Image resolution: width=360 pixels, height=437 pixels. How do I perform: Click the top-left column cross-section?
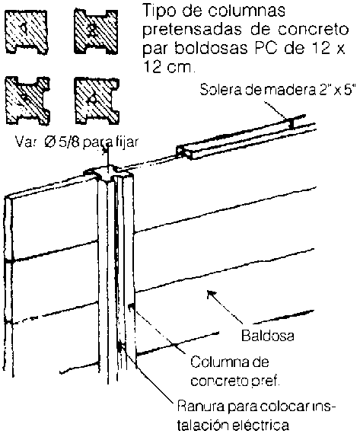[27, 31]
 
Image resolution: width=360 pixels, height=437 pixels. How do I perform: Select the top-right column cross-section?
[96, 31]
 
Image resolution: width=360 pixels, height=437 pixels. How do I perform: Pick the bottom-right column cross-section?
[97, 100]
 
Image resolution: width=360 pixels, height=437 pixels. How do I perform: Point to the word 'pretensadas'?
[193, 30]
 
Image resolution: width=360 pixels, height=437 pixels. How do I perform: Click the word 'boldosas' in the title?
[212, 48]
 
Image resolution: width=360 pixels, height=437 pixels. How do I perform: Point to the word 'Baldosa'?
[267, 336]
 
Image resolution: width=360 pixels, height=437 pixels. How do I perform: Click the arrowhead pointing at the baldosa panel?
[211, 295]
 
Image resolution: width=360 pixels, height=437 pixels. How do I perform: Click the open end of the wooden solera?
[184, 152]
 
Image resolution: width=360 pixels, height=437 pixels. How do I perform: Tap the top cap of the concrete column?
[108, 172]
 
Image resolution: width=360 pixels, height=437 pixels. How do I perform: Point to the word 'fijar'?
[128, 142]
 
